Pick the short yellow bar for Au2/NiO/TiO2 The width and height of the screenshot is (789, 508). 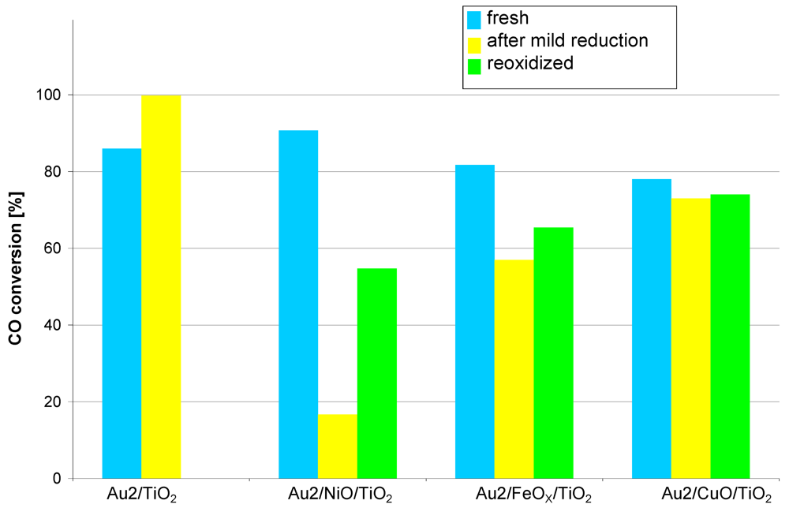click(x=338, y=446)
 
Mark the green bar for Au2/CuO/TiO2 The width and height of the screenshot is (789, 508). click(x=730, y=336)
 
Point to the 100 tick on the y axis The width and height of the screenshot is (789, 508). click(x=53, y=95)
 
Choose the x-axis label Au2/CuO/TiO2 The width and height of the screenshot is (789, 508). click(x=715, y=495)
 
